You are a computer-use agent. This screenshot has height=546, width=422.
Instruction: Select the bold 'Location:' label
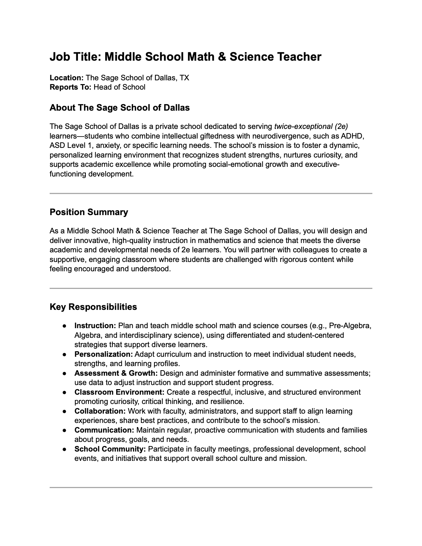pos(67,78)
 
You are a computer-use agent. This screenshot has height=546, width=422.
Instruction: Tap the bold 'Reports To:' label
pos(70,87)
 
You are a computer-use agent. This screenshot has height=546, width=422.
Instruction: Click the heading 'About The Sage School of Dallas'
pos(120,108)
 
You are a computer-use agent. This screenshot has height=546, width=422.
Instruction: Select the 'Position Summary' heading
pos(89,212)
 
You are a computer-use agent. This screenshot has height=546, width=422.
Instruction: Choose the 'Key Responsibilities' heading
pos(93,307)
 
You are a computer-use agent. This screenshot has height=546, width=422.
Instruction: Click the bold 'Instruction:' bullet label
pos(95,326)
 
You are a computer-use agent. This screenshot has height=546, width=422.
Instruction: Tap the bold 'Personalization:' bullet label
pos(103,354)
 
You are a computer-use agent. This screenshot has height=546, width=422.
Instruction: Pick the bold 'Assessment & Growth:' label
pos(116,373)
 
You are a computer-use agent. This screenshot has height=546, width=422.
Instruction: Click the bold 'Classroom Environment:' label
pos(119,392)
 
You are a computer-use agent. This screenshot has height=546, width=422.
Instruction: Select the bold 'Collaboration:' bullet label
pos(100,411)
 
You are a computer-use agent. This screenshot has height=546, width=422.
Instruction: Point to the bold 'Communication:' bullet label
pos(104,430)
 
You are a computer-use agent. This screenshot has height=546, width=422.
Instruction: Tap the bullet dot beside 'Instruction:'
pos(64,326)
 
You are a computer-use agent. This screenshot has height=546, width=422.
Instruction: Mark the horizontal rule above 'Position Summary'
pos(211,194)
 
